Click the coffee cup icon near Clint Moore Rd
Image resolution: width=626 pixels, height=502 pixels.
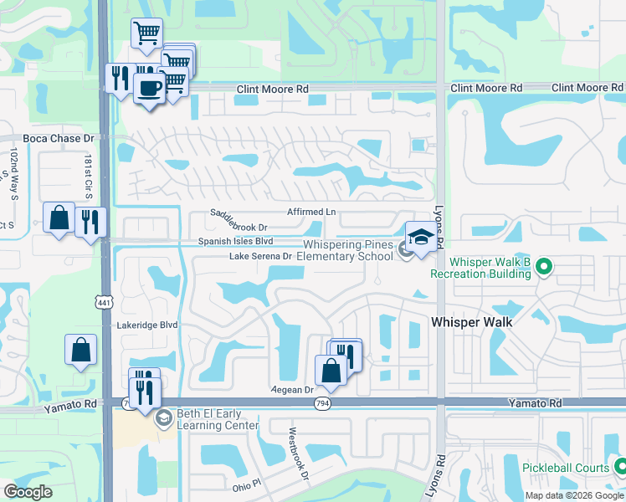150,88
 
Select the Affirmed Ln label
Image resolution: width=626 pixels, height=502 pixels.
310,213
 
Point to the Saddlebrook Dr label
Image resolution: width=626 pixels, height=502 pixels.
239,227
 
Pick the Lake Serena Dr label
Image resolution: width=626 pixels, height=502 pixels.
260,256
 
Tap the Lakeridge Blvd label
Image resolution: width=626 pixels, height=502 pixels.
148,325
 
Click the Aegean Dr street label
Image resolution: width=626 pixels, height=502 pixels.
292,390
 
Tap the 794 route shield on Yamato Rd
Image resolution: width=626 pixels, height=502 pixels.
321,402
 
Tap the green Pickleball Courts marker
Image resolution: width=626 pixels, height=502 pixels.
620,466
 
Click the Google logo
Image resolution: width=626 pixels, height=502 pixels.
28,492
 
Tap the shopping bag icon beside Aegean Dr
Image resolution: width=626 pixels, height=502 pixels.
331,370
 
